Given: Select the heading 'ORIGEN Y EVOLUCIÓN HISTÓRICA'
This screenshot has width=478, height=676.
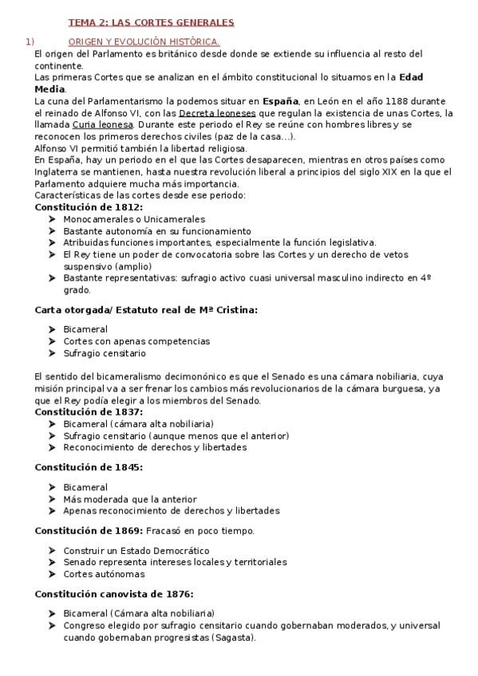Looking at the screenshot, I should click(x=144, y=41).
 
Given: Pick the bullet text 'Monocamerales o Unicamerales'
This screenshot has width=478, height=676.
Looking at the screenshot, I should click(x=134, y=219).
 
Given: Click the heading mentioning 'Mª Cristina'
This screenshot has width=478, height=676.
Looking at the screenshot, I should click(x=146, y=309).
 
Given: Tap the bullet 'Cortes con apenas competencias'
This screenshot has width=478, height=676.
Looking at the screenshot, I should click(x=136, y=341).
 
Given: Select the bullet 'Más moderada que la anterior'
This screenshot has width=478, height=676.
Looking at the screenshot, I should click(x=129, y=499).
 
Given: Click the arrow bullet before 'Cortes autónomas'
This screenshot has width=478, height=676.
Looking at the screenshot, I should click(x=52, y=574).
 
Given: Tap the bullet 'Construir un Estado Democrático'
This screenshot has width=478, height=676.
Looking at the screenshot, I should click(x=136, y=551).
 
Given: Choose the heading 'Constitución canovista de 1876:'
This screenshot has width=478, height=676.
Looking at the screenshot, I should click(x=114, y=594).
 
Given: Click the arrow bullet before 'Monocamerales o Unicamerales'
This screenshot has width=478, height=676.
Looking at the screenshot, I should click(x=52, y=219).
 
